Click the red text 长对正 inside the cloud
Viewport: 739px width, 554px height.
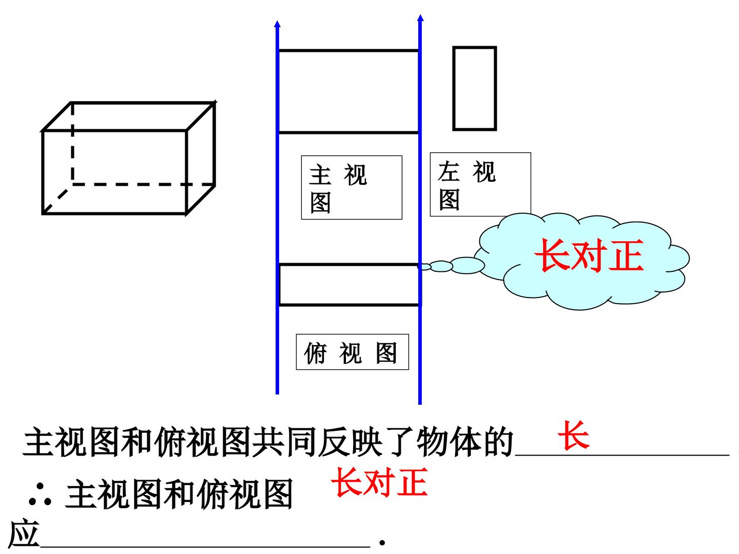[x=589, y=255]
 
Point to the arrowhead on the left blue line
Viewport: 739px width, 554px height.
[x=277, y=24]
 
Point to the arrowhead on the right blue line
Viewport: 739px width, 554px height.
[x=420, y=18]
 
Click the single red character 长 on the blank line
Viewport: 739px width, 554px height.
[x=573, y=436]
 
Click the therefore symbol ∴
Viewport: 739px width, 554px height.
[x=40, y=495]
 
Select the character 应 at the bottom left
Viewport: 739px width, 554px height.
[x=24, y=534]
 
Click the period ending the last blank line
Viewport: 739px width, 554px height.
[x=382, y=543]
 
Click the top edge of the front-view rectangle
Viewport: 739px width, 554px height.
[x=348, y=51]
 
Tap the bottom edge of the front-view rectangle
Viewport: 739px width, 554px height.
[x=348, y=132]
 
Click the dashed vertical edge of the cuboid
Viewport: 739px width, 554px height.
[x=72, y=144]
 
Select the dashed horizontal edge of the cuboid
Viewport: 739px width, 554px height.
[x=143, y=184]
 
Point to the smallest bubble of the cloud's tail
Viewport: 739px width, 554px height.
[x=424, y=267]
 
